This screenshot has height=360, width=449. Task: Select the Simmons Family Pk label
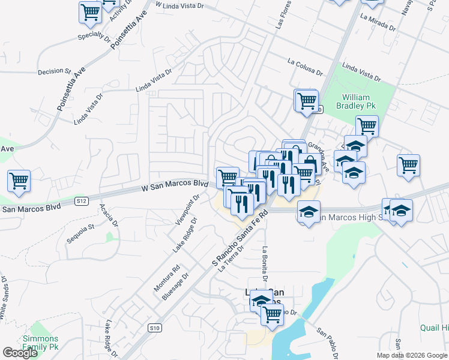41,343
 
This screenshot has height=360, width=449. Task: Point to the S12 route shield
82,200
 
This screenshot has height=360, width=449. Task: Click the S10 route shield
155,328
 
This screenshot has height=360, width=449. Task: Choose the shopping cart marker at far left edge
19,180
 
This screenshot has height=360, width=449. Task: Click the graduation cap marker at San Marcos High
309,212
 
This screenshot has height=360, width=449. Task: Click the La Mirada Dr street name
378,22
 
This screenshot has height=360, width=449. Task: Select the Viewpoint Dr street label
187,209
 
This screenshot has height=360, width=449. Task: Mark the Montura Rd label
167,279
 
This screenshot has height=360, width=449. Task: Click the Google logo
20,353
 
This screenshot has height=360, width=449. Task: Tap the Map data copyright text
412,355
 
